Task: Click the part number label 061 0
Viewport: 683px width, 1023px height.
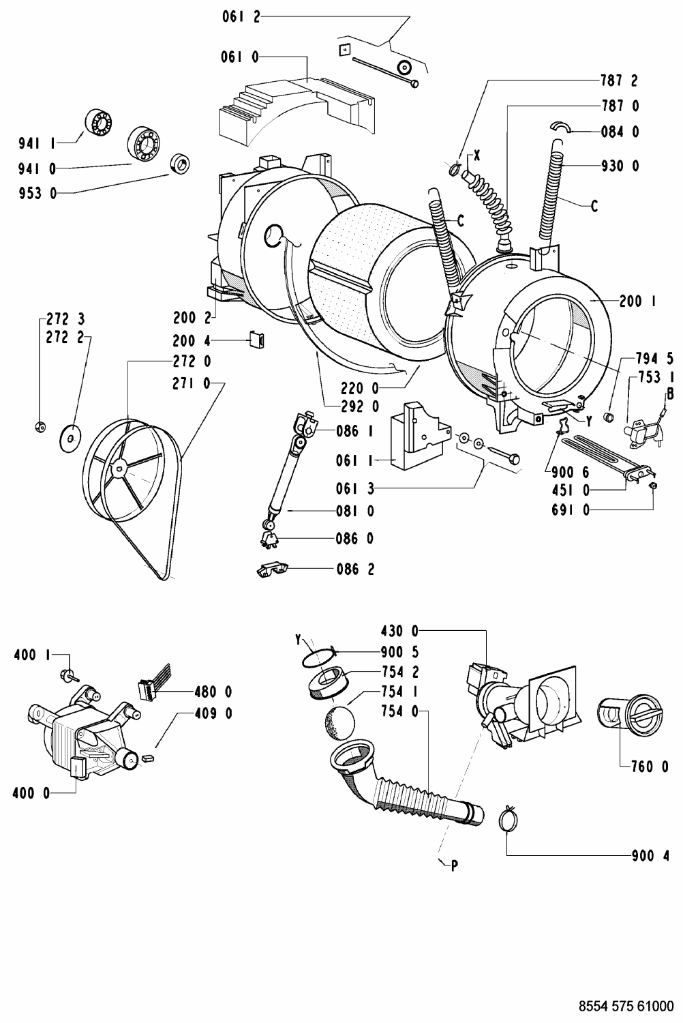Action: (240, 57)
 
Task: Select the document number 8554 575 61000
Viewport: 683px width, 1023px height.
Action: (626, 1006)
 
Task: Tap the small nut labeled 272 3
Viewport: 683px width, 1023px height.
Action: (40, 427)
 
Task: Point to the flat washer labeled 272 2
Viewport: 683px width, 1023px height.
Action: (69, 439)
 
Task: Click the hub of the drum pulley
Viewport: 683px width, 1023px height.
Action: (119, 466)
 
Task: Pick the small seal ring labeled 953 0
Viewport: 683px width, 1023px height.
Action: (180, 164)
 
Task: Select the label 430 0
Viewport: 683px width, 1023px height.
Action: (400, 632)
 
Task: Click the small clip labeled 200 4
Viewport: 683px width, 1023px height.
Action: (257, 340)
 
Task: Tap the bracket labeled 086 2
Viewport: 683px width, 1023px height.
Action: (273, 569)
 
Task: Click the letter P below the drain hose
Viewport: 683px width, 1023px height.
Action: (454, 865)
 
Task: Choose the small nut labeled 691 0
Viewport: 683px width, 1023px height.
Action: (653, 486)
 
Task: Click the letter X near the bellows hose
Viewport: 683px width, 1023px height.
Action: (477, 156)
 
